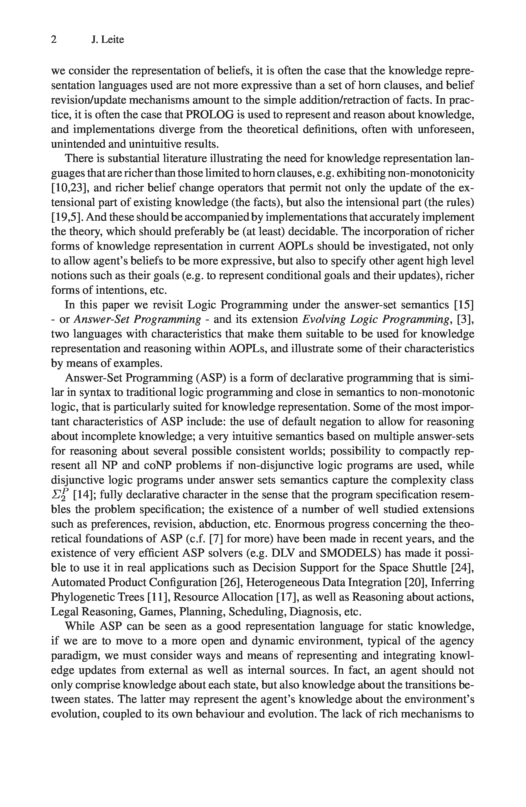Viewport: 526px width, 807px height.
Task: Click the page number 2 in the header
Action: [54, 40]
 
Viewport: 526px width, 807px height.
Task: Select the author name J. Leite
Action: [107, 40]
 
